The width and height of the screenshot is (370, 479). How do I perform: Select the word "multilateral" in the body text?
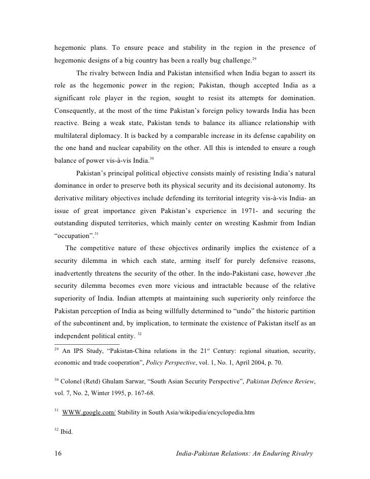(x=74, y=137)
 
